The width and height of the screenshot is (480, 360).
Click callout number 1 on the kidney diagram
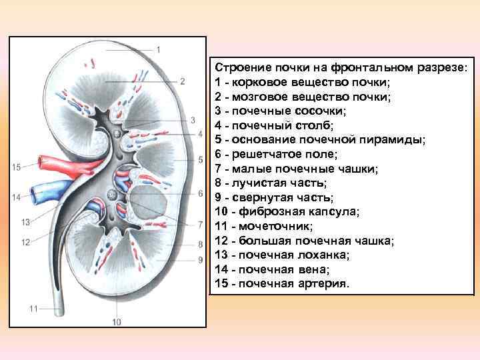(x=159, y=49)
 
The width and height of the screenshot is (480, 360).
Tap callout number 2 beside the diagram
(x=181, y=82)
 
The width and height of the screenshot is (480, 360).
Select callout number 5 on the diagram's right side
(x=200, y=160)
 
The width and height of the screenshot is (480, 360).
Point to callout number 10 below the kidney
(x=117, y=323)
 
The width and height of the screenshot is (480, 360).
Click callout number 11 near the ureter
(x=33, y=309)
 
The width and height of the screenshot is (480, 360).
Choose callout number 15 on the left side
(x=17, y=167)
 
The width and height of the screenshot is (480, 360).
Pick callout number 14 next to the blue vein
(x=17, y=197)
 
